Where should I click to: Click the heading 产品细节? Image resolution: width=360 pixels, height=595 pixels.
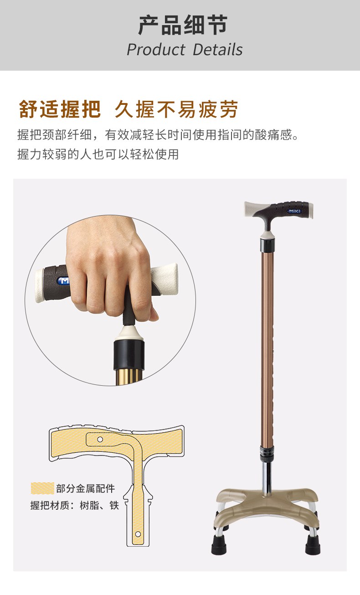pos(183,25)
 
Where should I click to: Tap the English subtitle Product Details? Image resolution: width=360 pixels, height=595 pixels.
pos(185,50)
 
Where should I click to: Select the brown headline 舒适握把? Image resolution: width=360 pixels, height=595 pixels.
pos(60,109)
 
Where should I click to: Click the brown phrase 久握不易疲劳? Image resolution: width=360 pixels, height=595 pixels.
pos(176,109)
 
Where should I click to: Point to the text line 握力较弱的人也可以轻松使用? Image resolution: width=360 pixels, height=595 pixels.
pos(98,154)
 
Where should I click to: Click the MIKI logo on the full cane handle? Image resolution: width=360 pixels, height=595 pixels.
pos(294,211)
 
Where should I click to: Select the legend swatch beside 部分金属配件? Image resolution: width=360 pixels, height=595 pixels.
pos(42,488)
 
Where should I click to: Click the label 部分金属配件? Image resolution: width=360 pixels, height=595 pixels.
pos(86,488)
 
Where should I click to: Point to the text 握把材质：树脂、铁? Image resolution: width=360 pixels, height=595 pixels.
pos(75,506)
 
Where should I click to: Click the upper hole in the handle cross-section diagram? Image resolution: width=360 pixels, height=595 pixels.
pos(100,440)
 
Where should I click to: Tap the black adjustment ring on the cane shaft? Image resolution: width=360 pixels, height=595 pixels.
pos(267,455)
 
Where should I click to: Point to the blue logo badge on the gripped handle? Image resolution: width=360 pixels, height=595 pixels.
pos(62,280)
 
